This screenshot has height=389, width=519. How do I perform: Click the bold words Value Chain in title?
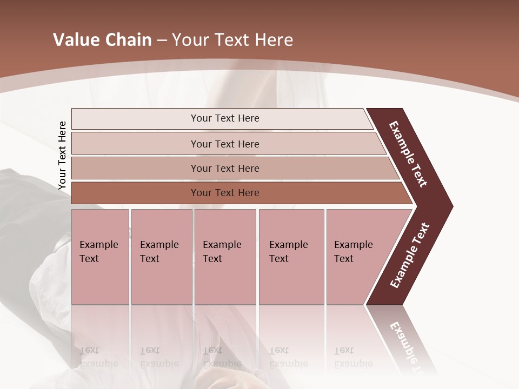(102, 40)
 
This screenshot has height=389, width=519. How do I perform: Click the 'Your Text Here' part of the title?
(232, 40)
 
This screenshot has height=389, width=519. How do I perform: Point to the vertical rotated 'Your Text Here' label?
(62, 156)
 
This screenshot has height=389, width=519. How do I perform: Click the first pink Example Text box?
(100, 257)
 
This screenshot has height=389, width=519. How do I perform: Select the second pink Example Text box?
(161, 257)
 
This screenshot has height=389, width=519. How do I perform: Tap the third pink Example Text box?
(225, 257)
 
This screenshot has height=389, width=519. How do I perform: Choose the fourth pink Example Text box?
(291, 257)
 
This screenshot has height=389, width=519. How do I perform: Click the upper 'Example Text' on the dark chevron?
(408, 154)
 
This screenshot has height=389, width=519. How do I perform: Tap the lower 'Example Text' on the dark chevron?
(410, 256)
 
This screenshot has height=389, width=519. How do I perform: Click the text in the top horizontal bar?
(225, 118)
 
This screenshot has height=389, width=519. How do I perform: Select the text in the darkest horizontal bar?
(225, 193)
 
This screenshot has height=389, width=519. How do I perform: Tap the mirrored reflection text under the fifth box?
(353, 357)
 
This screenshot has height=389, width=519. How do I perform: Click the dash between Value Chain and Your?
(162, 40)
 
